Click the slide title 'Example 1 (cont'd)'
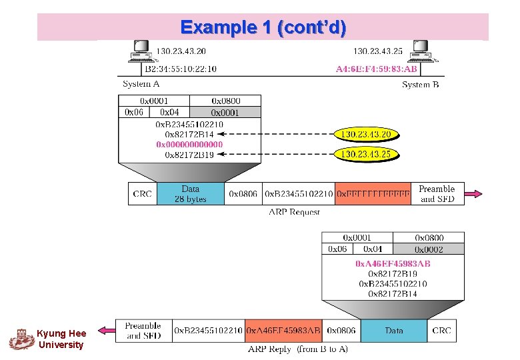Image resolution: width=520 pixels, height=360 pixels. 263,27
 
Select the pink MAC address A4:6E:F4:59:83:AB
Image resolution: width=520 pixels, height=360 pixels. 377,69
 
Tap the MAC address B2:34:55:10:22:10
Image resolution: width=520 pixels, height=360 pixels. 181,69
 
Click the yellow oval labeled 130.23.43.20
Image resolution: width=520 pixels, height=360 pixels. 365,135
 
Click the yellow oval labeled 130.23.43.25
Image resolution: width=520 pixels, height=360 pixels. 365,155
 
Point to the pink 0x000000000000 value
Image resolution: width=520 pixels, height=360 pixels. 189,145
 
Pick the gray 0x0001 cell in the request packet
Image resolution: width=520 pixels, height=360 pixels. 225,113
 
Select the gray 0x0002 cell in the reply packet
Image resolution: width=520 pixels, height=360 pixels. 429,249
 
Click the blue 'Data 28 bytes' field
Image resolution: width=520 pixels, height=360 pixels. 190,194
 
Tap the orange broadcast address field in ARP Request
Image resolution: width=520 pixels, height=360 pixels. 373,194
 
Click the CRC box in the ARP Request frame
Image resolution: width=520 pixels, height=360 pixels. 143,194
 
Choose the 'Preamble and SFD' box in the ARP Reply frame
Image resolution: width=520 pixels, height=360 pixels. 143,331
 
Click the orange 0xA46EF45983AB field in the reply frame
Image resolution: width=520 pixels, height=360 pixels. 283,331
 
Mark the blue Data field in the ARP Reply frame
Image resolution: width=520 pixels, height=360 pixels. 394,331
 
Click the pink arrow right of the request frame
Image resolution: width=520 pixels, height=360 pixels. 473,194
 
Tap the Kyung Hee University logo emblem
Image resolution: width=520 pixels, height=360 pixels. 22,339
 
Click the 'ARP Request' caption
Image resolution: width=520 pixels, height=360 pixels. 294,212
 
